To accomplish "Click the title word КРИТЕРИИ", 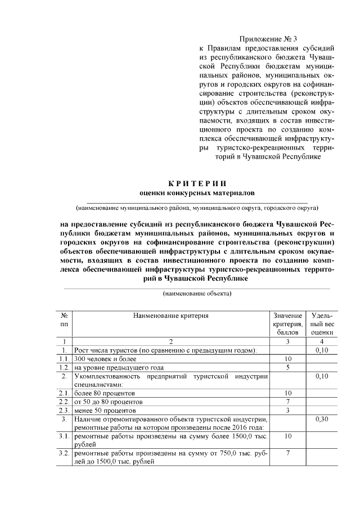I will [x=197, y=183].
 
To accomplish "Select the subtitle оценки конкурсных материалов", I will [x=197, y=193].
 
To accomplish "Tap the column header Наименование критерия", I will [x=171, y=316].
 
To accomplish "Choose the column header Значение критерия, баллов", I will [x=287, y=325].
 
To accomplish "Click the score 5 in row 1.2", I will [x=287, y=367].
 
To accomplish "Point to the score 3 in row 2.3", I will [x=287, y=410].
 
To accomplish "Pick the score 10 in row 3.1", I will [x=287, y=436].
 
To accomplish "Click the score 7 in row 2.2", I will [x=287, y=402].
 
